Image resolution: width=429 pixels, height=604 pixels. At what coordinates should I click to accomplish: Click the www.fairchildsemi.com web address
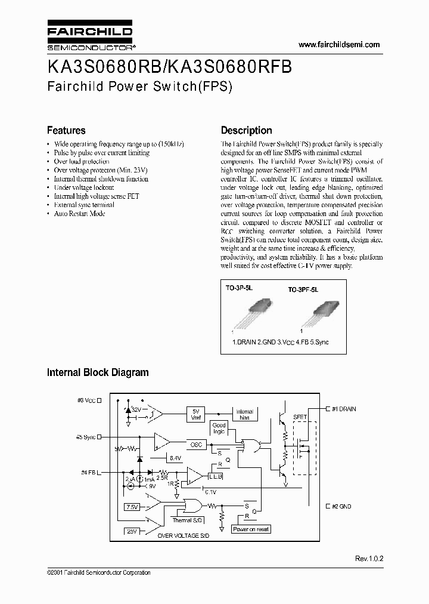(338, 45)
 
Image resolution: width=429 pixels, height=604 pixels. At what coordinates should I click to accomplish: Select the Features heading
(66, 130)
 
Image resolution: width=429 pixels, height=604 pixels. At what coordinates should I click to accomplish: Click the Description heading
(246, 130)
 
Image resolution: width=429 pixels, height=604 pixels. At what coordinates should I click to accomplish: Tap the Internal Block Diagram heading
(98, 372)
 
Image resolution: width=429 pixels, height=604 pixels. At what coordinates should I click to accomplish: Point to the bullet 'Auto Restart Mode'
(79, 213)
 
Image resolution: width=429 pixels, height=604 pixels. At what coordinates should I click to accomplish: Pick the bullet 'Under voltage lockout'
(83, 187)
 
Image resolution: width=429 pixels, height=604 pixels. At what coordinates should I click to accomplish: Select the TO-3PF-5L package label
(303, 289)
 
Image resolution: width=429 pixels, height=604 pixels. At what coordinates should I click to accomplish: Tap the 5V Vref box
(196, 414)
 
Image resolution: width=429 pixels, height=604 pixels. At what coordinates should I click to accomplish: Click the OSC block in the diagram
(197, 444)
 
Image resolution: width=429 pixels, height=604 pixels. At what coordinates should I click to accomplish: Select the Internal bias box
(244, 414)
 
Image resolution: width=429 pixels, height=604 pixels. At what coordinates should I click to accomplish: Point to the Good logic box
(219, 428)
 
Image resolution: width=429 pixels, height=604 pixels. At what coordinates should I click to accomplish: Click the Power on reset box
(251, 529)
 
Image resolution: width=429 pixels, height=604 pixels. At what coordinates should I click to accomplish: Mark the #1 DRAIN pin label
(343, 408)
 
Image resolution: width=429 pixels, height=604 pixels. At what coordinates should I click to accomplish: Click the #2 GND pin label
(340, 506)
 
